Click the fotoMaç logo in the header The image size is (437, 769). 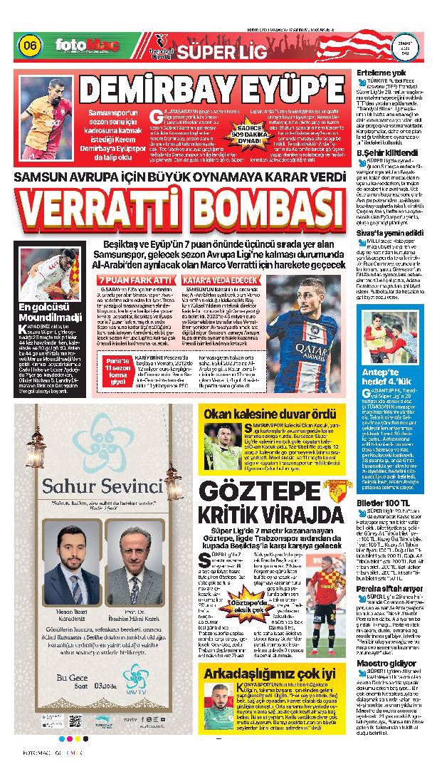click(x=88, y=46)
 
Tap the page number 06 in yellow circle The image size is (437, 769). click(x=31, y=46)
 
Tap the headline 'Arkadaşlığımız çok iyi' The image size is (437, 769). click(x=270, y=673)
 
